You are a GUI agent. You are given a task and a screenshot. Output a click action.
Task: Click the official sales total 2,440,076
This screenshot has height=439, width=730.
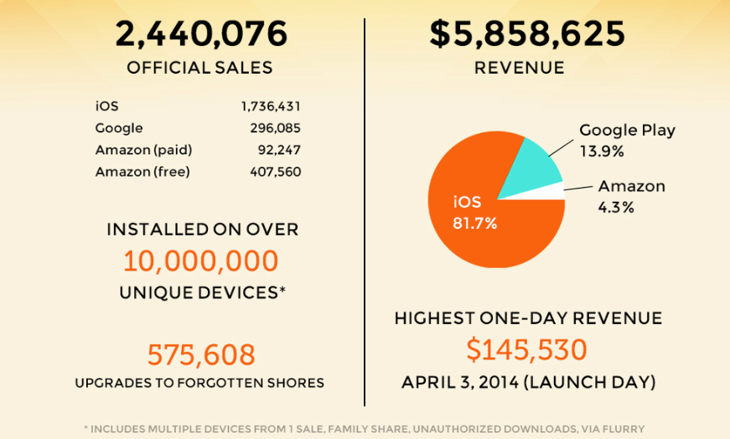201,34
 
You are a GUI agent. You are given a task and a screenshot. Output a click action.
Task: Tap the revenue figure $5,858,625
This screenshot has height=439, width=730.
527,34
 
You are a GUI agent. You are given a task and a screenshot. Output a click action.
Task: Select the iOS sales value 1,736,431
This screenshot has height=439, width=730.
271,106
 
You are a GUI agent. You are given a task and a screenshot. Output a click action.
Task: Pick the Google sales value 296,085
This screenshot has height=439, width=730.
274,128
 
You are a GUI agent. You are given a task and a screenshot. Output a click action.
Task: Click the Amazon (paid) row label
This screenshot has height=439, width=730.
144,150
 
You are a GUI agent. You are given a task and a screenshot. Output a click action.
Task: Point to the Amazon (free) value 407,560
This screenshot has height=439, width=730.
275,172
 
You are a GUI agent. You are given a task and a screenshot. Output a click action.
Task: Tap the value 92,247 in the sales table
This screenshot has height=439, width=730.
279,150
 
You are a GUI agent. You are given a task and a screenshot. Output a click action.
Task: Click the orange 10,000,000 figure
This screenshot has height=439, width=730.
201,261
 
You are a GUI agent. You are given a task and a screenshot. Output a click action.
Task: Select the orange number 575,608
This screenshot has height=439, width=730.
201,354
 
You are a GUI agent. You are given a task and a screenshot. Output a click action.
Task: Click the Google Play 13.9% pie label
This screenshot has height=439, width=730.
627,141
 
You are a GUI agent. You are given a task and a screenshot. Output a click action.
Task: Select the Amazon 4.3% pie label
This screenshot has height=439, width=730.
630,196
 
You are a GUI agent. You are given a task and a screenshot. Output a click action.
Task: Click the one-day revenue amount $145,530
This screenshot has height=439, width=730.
527,349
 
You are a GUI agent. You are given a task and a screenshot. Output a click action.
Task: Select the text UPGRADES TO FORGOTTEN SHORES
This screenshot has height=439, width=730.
199,383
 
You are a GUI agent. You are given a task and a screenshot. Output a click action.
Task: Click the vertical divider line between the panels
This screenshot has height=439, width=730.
365,209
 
